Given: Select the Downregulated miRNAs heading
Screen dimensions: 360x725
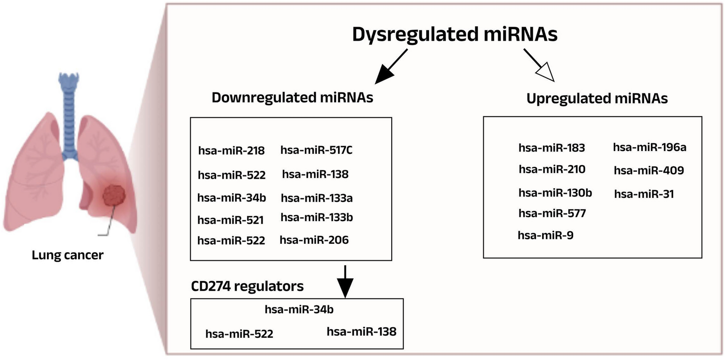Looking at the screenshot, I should pyautogui.click(x=293, y=98).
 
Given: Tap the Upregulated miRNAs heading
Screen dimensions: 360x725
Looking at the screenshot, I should pyautogui.click(x=597, y=98).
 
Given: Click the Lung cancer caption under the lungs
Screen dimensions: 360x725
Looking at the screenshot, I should pyautogui.click(x=67, y=255).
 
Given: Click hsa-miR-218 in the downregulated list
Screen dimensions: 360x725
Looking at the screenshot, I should pyautogui.click(x=231, y=150).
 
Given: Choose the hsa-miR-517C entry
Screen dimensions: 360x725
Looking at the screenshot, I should pyautogui.click(x=316, y=150).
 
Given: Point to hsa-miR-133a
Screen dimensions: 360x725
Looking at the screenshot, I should pyautogui.click(x=316, y=197).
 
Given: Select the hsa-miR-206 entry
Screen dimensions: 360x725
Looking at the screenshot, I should pyautogui.click(x=314, y=240).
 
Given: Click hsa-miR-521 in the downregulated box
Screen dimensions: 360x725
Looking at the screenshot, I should pyautogui.click(x=230, y=220).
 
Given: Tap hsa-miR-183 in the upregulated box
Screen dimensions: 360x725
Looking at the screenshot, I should pyautogui.click(x=551, y=148).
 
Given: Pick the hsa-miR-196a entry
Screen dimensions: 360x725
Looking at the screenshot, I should pyautogui.click(x=650, y=147).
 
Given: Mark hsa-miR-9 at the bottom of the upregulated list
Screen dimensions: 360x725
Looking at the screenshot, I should pyautogui.click(x=545, y=235).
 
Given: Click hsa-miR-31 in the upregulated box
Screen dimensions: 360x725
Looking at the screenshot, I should pyautogui.click(x=644, y=194).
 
